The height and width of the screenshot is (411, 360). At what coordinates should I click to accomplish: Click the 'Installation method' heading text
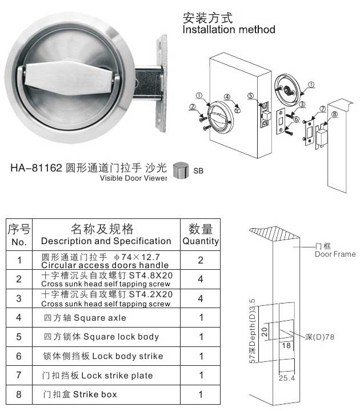229,29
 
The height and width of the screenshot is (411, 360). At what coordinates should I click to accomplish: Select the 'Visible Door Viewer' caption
133,178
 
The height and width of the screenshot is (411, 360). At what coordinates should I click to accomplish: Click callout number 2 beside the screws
193,106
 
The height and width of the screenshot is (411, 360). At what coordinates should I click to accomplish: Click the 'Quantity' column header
201,235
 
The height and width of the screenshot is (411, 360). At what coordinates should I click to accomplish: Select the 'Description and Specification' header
106,235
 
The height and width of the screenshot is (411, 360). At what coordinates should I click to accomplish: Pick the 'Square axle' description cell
85,318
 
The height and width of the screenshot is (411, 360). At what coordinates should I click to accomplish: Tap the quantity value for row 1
201,260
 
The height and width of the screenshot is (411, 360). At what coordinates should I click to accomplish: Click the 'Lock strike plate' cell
98,376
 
